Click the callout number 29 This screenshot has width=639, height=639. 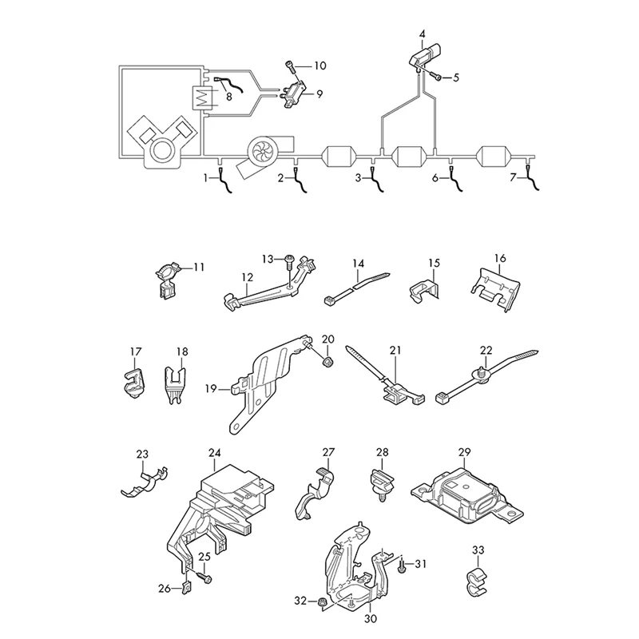click(462, 453)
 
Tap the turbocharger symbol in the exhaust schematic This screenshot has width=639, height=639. click(262, 149)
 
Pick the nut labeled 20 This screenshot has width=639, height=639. click(327, 361)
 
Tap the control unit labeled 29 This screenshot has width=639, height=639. click(465, 490)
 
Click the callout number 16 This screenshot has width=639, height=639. click(499, 259)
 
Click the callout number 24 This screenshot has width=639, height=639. click(215, 453)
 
